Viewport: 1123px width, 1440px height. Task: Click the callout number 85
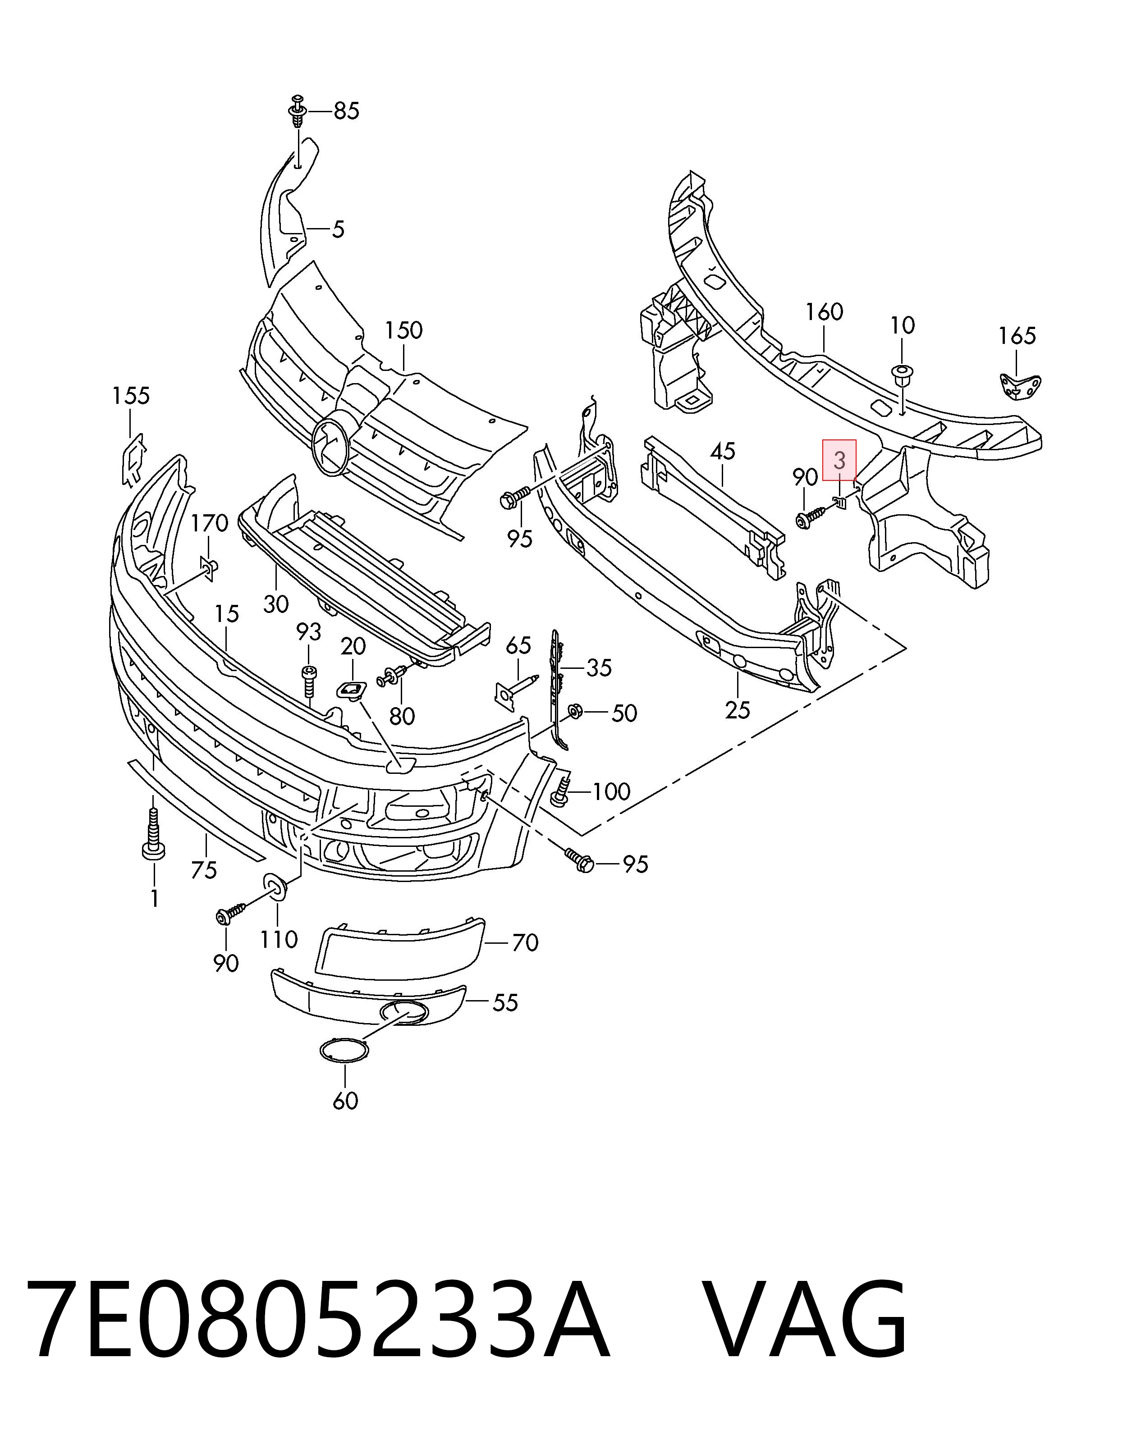[346, 111]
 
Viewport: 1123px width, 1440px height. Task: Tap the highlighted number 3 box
[839, 460]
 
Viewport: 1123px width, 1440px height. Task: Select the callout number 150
[403, 330]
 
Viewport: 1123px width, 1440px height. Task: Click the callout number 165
[1017, 336]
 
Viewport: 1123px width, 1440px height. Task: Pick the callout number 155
[131, 396]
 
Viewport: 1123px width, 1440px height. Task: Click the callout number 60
[345, 1101]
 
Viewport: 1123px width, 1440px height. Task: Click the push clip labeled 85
[298, 111]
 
